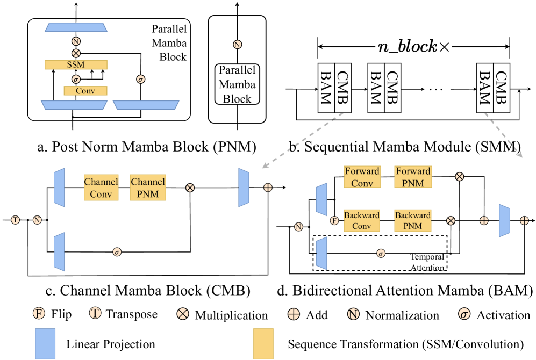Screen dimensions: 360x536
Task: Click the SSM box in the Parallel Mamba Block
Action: [76, 64]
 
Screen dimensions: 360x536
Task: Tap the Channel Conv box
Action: [101, 187]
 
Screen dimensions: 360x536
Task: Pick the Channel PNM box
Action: [147, 187]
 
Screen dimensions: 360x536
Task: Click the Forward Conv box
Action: [362, 178]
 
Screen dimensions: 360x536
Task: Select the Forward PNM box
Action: [413, 178]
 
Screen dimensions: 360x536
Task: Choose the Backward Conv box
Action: [362, 220]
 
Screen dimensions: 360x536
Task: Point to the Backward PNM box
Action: [413, 220]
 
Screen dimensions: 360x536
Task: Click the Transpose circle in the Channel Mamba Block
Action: [15, 220]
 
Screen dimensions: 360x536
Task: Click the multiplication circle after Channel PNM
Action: [189, 187]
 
